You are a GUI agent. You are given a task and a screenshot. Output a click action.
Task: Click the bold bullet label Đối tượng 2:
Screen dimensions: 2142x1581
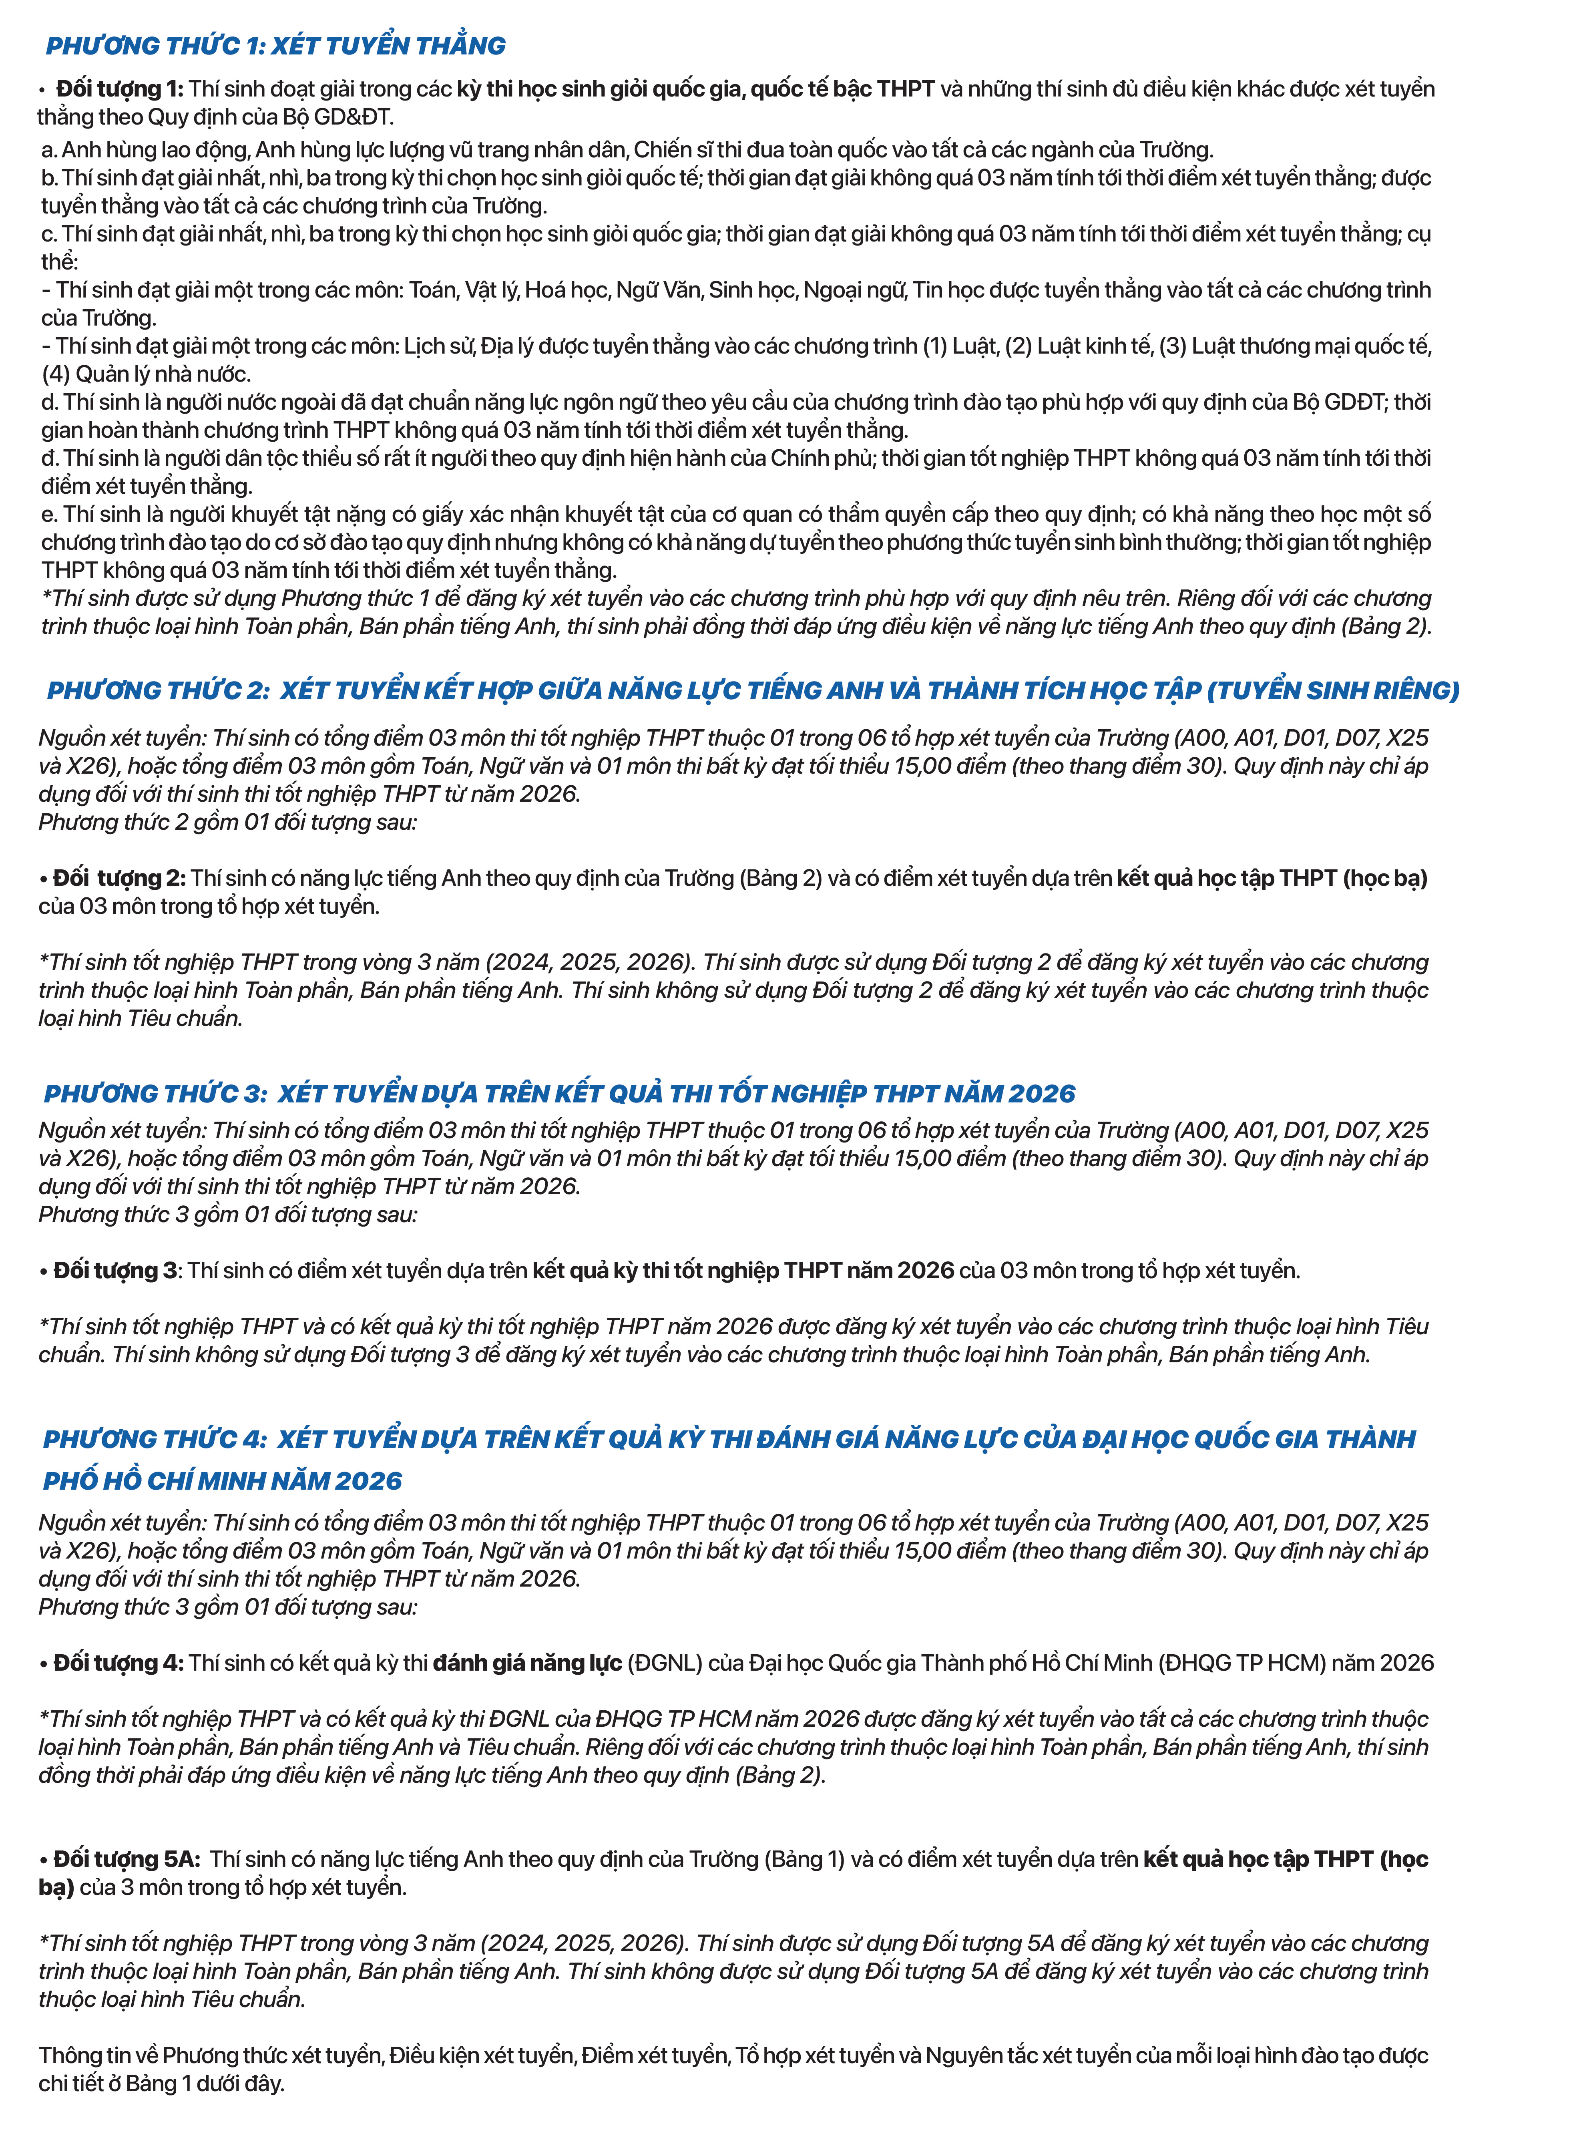[x=120, y=878]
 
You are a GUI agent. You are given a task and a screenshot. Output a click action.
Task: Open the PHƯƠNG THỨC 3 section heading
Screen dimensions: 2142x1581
[x=560, y=1093]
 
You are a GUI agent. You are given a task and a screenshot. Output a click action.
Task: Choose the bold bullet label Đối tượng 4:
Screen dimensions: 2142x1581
[x=119, y=1663]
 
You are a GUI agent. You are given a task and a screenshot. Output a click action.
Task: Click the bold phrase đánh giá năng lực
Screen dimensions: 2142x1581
[x=527, y=1663]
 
